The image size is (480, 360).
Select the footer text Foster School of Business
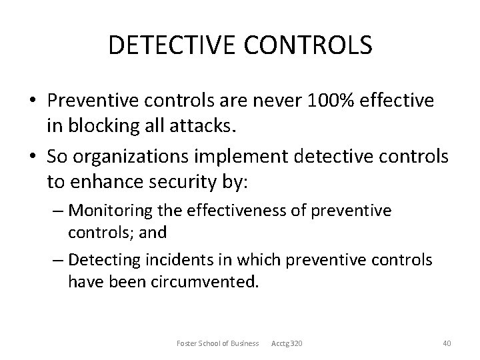pyautogui.click(x=217, y=343)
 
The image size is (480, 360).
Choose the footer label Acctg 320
pyautogui.click(x=287, y=343)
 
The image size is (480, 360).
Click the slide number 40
pyautogui.click(x=447, y=343)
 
